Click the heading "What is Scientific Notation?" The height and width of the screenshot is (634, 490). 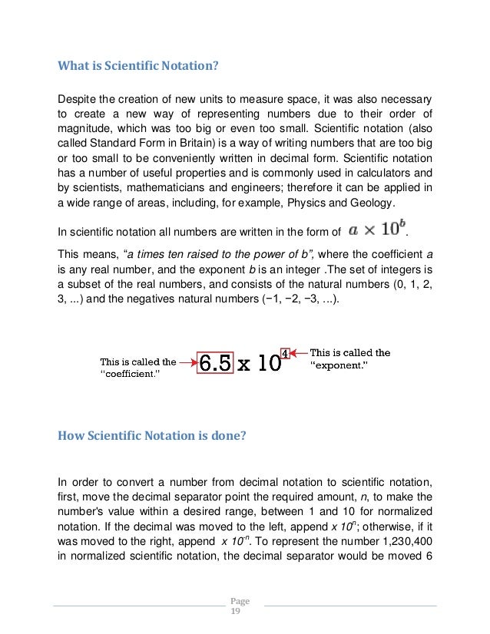click(x=139, y=66)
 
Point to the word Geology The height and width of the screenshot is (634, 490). click(x=371, y=203)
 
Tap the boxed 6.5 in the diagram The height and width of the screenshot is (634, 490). click(x=215, y=364)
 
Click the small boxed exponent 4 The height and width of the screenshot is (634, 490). click(x=286, y=354)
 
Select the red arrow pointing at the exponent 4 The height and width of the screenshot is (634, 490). click(x=300, y=354)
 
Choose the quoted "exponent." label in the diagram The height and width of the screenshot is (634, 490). click(x=338, y=366)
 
